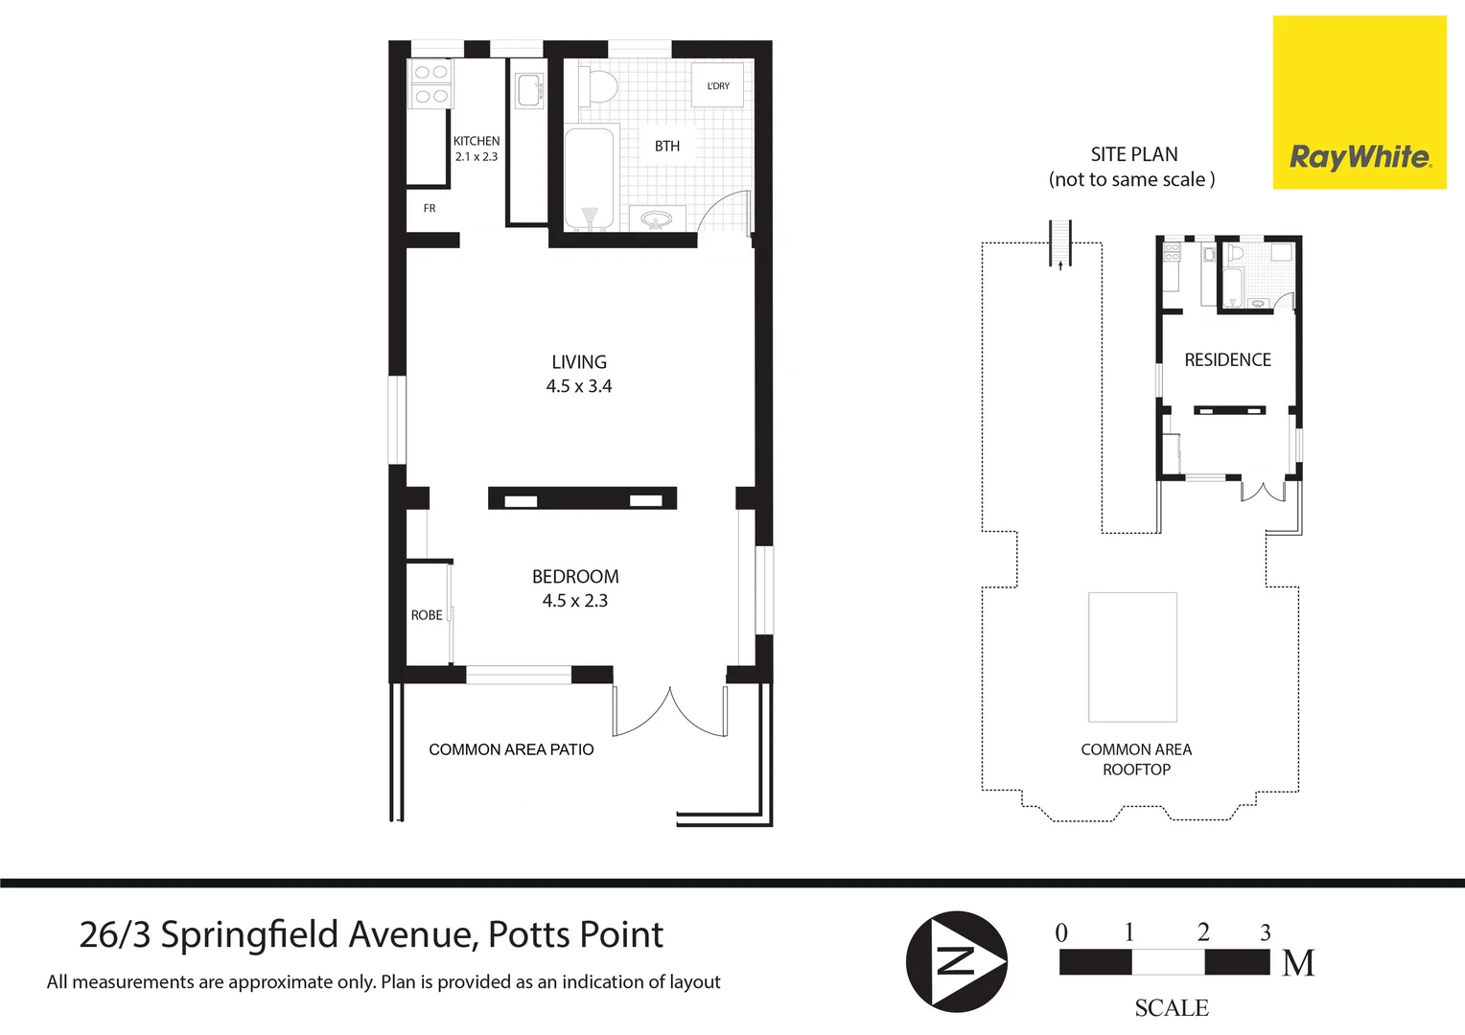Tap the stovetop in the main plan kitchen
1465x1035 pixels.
click(x=429, y=83)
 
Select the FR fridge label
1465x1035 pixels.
click(x=430, y=208)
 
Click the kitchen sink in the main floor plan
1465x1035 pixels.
click(x=528, y=90)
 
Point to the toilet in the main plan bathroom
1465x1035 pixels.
click(x=601, y=86)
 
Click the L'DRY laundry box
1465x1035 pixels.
click(x=718, y=86)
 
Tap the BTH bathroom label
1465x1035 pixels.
click(x=667, y=146)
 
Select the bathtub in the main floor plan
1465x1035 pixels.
click(x=589, y=178)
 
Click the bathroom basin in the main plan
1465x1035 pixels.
click(x=657, y=219)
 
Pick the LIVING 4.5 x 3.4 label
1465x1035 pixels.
click(x=579, y=374)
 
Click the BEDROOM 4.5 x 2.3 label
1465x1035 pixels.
click(x=575, y=588)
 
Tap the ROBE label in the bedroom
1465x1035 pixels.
click(x=427, y=615)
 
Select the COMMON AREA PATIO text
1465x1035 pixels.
click(x=511, y=749)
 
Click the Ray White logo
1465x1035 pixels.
click(x=1360, y=103)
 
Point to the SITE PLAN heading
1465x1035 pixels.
click(x=1133, y=154)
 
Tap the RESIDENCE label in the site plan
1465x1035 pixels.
click(x=1227, y=360)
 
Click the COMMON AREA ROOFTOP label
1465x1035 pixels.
click(x=1136, y=759)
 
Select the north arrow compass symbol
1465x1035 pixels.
click(x=957, y=960)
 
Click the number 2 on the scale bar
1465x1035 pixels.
click(x=1203, y=931)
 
